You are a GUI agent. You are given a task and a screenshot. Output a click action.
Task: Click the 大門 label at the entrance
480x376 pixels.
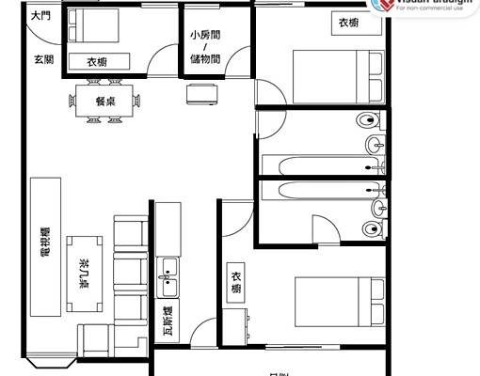pyautogui.click(x=41, y=16)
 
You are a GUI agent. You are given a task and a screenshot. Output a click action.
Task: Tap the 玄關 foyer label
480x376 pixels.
pyautogui.click(x=43, y=59)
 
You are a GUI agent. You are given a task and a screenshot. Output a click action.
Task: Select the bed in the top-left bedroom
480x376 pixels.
pyautogui.click(x=93, y=35)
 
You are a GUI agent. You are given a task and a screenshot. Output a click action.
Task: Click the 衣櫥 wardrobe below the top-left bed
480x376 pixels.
pyautogui.click(x=96, y=62)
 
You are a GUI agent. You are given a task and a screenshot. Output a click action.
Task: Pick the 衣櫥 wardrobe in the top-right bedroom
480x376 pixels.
pyautogui.click(x=347, y=24)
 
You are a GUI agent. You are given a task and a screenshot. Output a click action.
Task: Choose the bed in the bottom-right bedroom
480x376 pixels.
pyautogui.click(x=339, y=303)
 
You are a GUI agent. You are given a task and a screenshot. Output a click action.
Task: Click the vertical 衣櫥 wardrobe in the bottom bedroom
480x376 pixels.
pyautogui.click(x=235, y=283)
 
